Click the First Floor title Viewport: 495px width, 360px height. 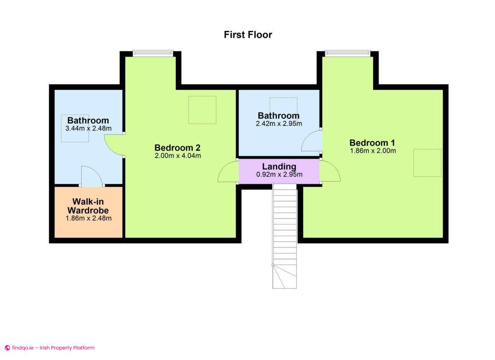click(x=248, y=35)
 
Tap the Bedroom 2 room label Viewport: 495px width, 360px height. click(x=177, y=148)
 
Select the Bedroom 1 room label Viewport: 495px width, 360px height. click(x=372, y=143)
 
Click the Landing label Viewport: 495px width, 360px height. click(x=279, y=167)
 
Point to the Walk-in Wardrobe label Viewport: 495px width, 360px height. click(x=88, y=206)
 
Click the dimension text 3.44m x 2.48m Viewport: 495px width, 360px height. click(x=88, y=129)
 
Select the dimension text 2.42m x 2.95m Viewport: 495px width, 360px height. click(x=279, y=123)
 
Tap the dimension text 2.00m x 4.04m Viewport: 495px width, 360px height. click(x=177, y=156)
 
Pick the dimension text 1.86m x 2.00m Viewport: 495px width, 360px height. click(x=372, y=151)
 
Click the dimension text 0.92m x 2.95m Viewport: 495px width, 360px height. click(x=279, y=174)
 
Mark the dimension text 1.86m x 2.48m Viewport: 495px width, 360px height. click(x=88, y=218)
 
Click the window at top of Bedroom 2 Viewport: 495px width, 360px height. click(x=153, y=53)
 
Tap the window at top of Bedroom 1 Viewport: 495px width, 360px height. click(x=347, y=53)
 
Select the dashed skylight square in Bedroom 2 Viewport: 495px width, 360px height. click(x=202, y=110)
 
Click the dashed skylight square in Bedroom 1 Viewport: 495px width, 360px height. click(x=427, y=163)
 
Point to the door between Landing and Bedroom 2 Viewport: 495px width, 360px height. click(x=228, y=172)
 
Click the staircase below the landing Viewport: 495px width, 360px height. click(x=285, y=235)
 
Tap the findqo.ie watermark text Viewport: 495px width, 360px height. click(x=49, y=348)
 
